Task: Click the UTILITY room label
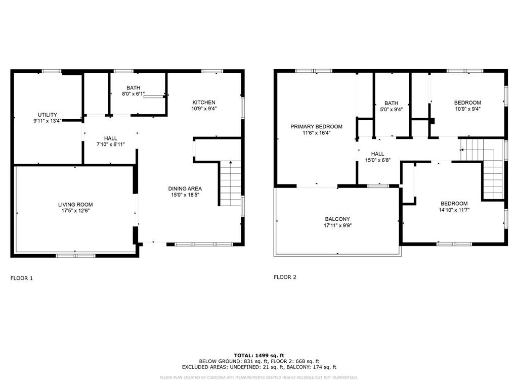[x=47, y=115]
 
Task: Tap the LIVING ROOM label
[x=75, y=205]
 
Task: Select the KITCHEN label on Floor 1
[x=204, y=103]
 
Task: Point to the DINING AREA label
[x=185, y=189]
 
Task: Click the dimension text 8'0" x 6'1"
[x=133, y=94]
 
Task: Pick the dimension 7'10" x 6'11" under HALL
[x=111, y=144]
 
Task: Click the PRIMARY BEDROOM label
[x=317, y=127]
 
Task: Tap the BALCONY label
[x=337, y=219]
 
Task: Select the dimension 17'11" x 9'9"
[x=337, y=226]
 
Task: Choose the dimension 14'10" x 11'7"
[x=454, y=210]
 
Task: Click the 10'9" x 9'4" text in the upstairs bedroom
[x=467, y=109]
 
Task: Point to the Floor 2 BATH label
[x=391, y=103]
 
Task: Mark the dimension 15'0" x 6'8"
[x=377, y=160]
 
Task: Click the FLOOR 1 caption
[x=22, y=278]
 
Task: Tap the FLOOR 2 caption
[x=285, y=277]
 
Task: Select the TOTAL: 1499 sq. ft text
[x=259, y=355]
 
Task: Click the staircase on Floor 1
[x=231, y=183]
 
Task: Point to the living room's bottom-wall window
[x=76, y=256]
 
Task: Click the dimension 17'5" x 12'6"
[x=75, y=211]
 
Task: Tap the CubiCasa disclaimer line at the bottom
[x=258, y=377]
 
